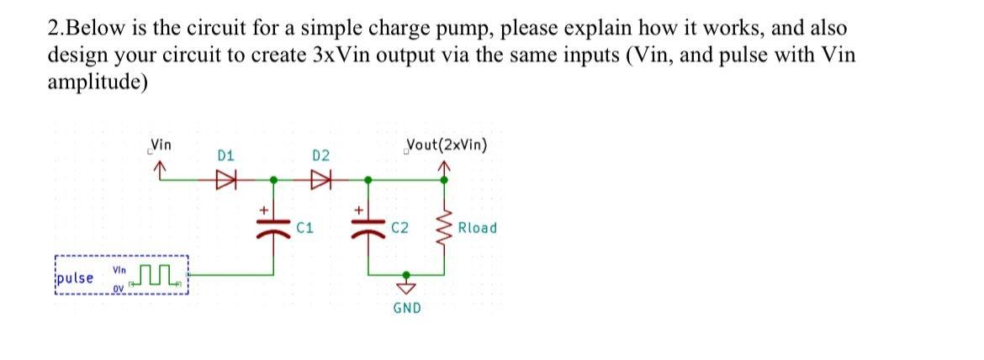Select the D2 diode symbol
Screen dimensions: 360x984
320,179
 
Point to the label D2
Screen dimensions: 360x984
320,156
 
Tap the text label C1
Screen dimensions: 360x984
305,228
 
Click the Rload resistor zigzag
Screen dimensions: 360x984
443,227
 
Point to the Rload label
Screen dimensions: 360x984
477,228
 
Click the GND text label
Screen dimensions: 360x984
407,308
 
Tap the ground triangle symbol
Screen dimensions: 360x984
407,288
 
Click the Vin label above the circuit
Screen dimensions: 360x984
160,145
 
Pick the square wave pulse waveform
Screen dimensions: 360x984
160,273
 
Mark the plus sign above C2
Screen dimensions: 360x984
358,208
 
